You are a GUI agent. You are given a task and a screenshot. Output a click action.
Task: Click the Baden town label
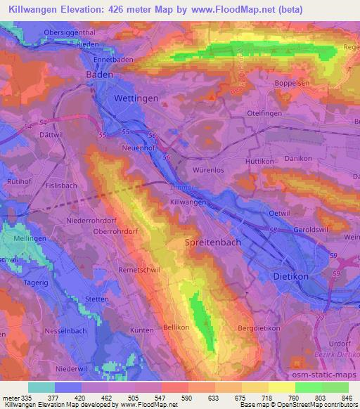click(100, 74)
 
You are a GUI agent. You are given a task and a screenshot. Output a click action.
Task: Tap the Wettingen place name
click(135, 98)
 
